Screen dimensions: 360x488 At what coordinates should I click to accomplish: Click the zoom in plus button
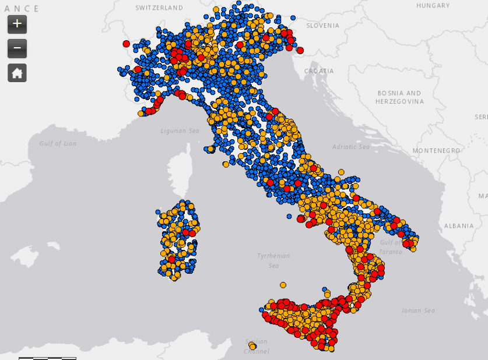point(17,24)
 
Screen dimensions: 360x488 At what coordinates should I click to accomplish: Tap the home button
point(17,73)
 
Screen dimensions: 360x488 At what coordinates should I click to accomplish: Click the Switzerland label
point(159,8)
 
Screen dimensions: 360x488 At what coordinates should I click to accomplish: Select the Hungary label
point(433,5)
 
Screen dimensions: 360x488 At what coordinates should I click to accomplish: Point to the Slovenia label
point(322,26)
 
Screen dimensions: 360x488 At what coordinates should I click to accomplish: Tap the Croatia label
point(319,71)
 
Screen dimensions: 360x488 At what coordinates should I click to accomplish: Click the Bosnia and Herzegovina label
point(399,97)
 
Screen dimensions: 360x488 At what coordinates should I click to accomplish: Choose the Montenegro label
point(436,151)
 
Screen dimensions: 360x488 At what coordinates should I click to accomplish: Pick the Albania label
point(459,225)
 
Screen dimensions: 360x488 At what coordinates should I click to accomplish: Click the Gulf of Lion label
point(58,143)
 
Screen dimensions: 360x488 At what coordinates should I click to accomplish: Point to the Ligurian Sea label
point(180,131)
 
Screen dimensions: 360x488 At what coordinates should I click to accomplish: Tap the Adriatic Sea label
point(351,147)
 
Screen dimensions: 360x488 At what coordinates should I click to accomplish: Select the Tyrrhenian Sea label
point(273,260)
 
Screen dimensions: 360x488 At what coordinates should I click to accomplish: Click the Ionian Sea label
point(419,310)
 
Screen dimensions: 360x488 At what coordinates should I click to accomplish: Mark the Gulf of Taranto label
point(390,247)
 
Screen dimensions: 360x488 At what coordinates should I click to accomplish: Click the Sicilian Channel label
point(257,346)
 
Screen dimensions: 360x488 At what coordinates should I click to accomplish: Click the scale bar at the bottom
point(47,358)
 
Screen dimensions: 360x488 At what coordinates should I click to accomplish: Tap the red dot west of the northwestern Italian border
point(126,44)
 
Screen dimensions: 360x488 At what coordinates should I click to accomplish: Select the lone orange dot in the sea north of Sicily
point(283,285)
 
